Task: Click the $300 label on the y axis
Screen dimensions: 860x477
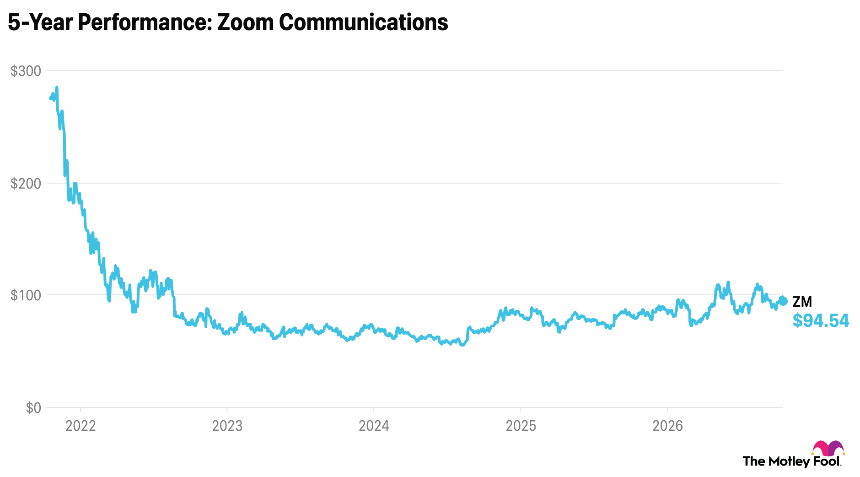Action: click(26, 71)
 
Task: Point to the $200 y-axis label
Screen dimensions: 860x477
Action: click(26, 184)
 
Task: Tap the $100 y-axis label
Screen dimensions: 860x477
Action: click(26, 295)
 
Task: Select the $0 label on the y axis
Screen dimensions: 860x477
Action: click(33, 408)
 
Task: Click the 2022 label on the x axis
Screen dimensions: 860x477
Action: click(81, 426)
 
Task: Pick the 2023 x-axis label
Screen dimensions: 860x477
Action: click(227, 426)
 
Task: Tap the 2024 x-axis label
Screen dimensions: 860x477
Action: click(374, 426)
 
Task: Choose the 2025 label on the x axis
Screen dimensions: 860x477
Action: click(521, 426)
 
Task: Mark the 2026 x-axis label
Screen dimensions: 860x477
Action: click(667, 426)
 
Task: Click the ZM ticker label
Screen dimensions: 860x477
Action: click(802, 302)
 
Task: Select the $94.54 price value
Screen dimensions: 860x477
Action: click(821, 321)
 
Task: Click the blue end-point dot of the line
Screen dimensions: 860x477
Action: click(783, 301)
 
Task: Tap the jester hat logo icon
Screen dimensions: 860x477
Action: click(828, 448)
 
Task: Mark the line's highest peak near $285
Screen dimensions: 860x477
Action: click(57, 87)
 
